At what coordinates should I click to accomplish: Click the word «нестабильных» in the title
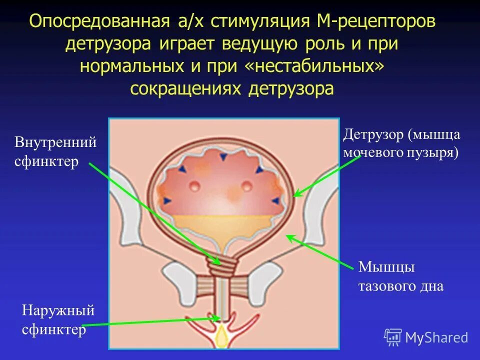point(314,66)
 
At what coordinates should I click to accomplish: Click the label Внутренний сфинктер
point(55,152)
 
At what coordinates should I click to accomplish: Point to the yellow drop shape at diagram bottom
point(220,338)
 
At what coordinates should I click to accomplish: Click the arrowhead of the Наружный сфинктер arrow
point(217,317)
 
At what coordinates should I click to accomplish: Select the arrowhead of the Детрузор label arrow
point(295,195)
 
